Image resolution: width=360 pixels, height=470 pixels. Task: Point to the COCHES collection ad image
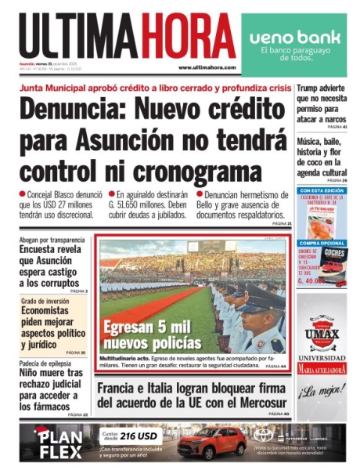pos(333,258)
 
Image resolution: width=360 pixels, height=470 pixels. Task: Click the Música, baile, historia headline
pos(322,157)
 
